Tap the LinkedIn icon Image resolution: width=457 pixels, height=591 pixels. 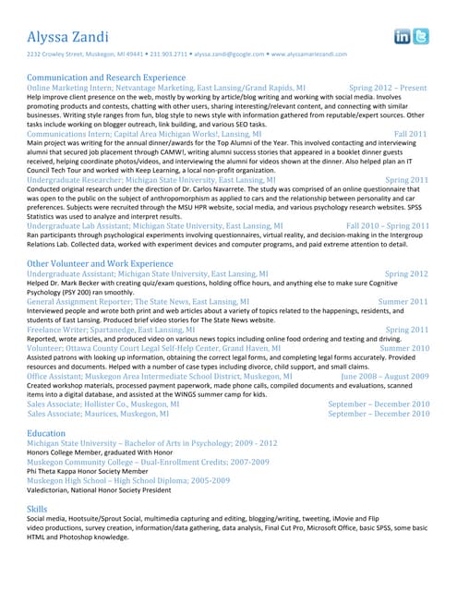(x=403, y=36)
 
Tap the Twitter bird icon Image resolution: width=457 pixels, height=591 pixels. (x=421, y=36)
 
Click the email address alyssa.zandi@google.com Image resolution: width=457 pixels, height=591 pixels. (x=229, y=54)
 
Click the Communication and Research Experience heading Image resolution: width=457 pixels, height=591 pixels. (x=106, y=78)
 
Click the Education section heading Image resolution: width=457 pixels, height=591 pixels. (x=46, y=432)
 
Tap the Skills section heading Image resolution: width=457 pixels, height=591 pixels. (x=37, y=509)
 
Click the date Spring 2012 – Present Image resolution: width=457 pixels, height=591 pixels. (x=389, y=88)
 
